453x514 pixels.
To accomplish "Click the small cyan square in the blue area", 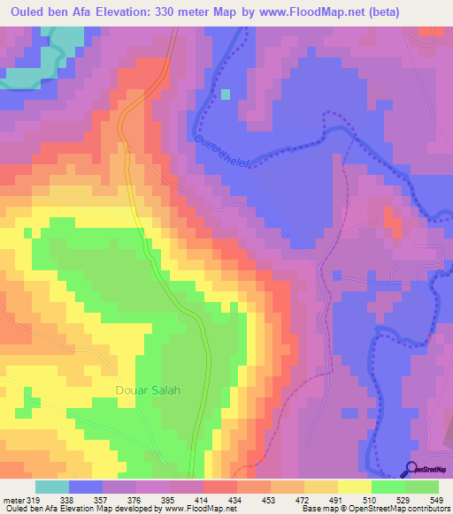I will coord(226,94).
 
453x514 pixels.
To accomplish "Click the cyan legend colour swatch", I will coord(52,487).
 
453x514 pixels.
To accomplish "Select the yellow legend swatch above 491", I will coord(321,487).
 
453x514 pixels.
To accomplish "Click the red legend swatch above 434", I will coord(220,487).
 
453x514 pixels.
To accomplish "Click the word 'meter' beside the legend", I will coord(13,500).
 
